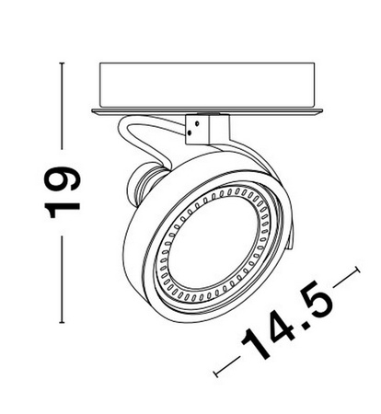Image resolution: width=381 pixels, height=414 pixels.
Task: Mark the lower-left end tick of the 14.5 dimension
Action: (215, 372)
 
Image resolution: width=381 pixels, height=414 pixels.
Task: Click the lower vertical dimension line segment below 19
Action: (62, 276)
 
